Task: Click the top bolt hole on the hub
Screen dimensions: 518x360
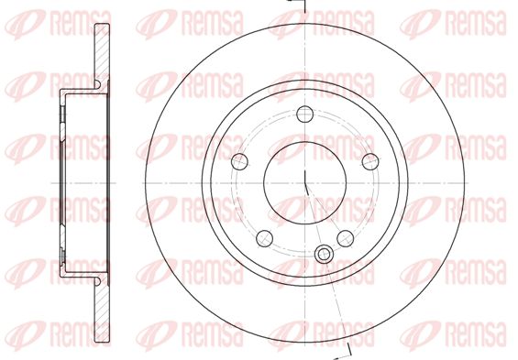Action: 304,114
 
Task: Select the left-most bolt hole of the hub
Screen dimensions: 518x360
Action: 239,161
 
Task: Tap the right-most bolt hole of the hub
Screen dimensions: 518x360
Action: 370,161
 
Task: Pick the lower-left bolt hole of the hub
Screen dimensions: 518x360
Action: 265,238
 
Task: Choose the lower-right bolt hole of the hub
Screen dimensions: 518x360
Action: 346,238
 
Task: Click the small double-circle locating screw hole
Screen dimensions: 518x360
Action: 324,254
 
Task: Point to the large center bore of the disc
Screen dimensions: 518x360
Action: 304,182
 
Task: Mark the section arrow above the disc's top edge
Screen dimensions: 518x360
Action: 295,5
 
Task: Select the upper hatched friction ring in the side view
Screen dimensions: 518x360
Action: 102,53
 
